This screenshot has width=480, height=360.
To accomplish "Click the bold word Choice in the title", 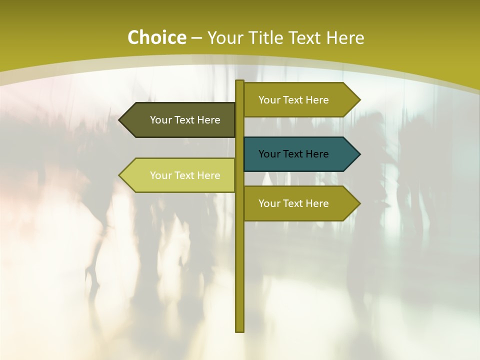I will pyautogui.click(x=156, y=37).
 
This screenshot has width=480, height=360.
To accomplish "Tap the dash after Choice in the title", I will pyautogui.click(x=196, y=38).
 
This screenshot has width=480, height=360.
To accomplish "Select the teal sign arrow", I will pyautogui.click(x=300, y=154).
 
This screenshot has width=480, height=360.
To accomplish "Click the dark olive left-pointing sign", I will pyautogui.click(x=180, y=120).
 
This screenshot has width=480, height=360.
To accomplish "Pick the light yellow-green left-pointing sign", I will pyautogui.click(x=180, y=175).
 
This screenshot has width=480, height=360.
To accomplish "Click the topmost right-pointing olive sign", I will pyautogui.click(x=300, y=99).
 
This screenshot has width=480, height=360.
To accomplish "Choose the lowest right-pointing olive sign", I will pyautogui.click(x=300, y=203).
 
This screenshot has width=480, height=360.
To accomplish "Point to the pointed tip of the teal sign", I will pyautogui.click(x=359, y=154).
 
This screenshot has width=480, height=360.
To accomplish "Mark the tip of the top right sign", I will pyautogui.click(x=359, y=99).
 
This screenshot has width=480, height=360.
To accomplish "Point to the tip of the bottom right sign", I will pyautogui.click(x=359, y=203).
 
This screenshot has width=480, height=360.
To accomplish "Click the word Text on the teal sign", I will pyautogui.click(x=293, y=154).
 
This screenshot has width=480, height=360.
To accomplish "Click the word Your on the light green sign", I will pyautogui.click(x=160, y=175).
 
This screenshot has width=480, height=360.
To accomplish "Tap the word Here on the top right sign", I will pyautogui.click(x=317, y=100).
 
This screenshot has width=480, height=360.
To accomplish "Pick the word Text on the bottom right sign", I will pyautogui.click(x=293, y=203).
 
